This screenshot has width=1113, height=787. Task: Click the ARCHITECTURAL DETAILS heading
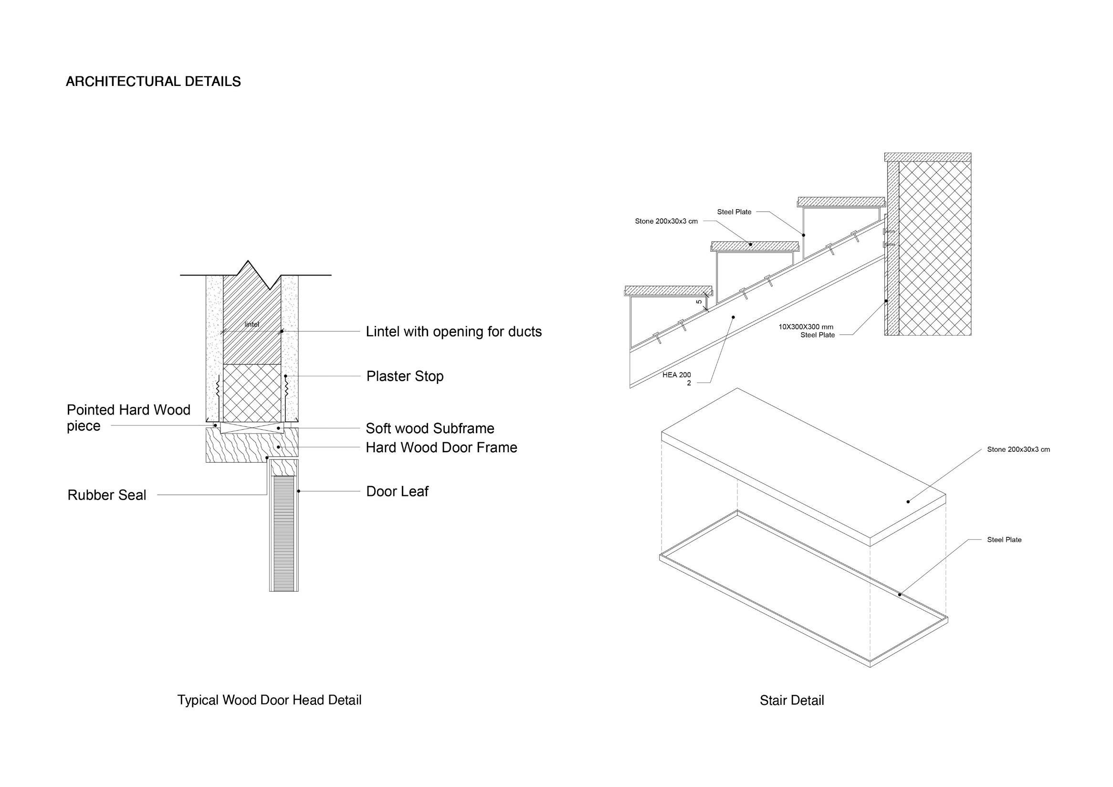[x=153, y=82]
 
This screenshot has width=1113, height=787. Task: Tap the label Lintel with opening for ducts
[x=453, y=332]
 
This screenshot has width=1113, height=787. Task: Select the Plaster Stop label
[x=405, y=376]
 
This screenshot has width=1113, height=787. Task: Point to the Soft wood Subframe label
[x=430, y=429]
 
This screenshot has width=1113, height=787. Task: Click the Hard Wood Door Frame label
[x=441, y=447]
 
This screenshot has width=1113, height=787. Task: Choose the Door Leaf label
[x=397, y=492]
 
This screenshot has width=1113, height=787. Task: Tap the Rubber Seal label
[x=106, y=495]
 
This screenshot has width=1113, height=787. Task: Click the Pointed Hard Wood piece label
[x=128, y=418]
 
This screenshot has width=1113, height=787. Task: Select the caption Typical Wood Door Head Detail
[x=269, y=700]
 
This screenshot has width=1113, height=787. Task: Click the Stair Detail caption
[x=792, y=701]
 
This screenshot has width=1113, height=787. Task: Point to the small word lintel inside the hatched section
[x=252, y=324]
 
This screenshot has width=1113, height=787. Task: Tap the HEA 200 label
[x=677, y=375]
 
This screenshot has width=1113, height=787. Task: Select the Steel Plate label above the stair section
[x=734, y=212]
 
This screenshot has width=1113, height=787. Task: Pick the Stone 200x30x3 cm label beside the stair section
[x=666, y=222]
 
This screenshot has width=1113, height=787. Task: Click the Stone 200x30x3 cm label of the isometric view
[x=1018, y=449]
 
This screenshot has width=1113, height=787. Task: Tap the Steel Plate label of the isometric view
[x=1004, y=540]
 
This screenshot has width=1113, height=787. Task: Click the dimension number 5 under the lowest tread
[x=699, y=302]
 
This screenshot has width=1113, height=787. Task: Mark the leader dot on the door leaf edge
[x=298, y=491]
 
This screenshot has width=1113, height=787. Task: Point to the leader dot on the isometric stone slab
[x=908, y=501]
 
